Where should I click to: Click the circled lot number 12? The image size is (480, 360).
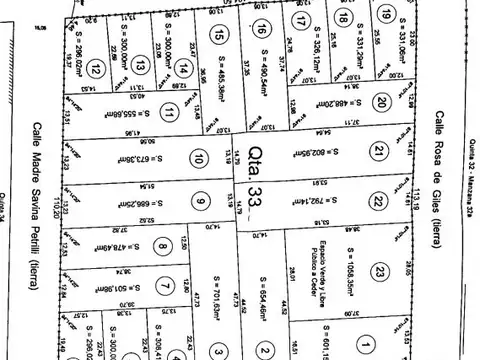94,69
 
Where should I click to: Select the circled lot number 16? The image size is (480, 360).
261,28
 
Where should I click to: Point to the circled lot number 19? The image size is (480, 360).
386,14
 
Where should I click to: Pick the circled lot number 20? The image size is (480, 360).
382,102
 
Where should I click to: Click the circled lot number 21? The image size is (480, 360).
379,151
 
